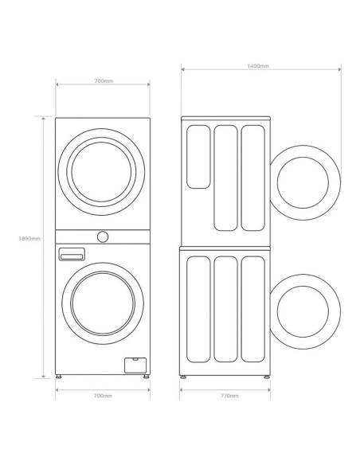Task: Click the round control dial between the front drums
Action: [102, 236]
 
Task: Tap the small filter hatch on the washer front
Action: [135, 365]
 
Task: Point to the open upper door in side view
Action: [304, 182]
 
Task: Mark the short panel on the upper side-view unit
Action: [198, 156]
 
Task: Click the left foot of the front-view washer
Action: [60, 373]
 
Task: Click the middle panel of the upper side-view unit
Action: [225, 177]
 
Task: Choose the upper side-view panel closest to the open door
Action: [252, 177]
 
